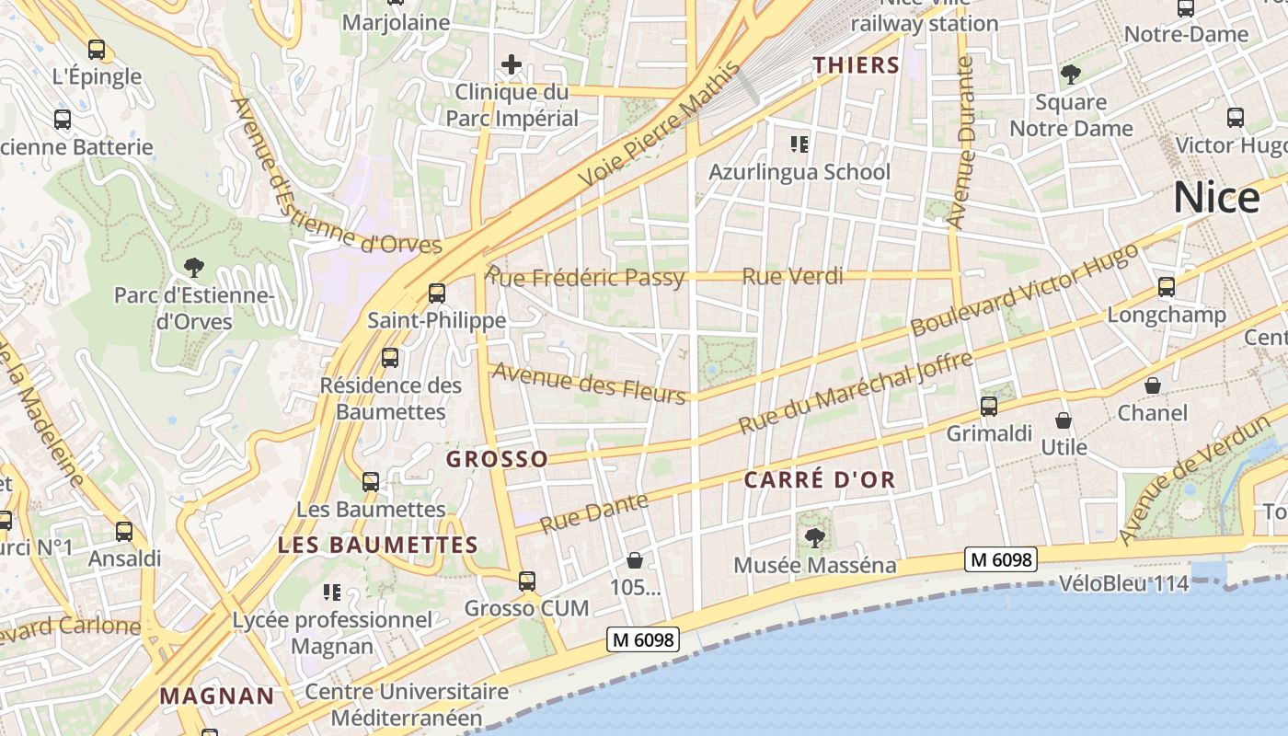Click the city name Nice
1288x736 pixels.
coord(1216,198)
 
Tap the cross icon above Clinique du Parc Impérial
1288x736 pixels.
coord(512,64)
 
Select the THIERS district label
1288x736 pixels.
coord(856,64)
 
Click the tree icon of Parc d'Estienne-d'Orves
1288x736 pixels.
coord(193,268)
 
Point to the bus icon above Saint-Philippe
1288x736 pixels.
coord(437,293)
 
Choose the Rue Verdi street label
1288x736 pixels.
coord(792,276)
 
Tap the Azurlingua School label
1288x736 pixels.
coord(799,172)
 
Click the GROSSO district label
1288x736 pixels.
coord(497,459)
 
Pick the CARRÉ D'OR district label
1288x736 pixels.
coord(820,480)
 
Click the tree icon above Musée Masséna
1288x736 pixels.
coord(814,537)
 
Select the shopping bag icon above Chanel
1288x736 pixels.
coord(1152,385)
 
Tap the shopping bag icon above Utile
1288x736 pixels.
coord(1064,420)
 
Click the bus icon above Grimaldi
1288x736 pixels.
coord(989,406)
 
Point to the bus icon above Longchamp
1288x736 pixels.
coord(1167,287)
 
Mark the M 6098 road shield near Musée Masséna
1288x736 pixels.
coord(1001,558)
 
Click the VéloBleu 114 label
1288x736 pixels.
coord(1123,583)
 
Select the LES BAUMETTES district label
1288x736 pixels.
coord(378,545)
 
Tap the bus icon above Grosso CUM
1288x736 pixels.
coord(526,581)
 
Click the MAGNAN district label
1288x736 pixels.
coord(217,696)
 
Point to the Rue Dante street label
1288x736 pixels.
coord(593,513)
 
